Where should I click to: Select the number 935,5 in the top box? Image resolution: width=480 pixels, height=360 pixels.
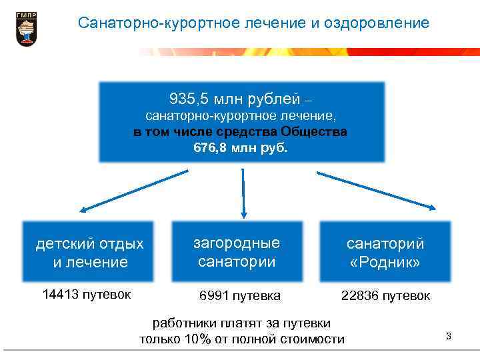pyautogui.click(x=189, y=100)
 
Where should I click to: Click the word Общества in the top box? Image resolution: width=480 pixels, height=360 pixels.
pyautogui.click(x=315, y=131)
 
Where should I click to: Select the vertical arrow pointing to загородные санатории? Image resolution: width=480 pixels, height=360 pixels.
pyautogui.click(x=243, y=193)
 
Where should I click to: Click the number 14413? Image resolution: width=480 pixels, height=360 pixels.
pyautogui.click(x=60, y=294)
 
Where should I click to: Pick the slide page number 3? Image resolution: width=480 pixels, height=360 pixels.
pyautogui.click(x=449, y=336)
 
